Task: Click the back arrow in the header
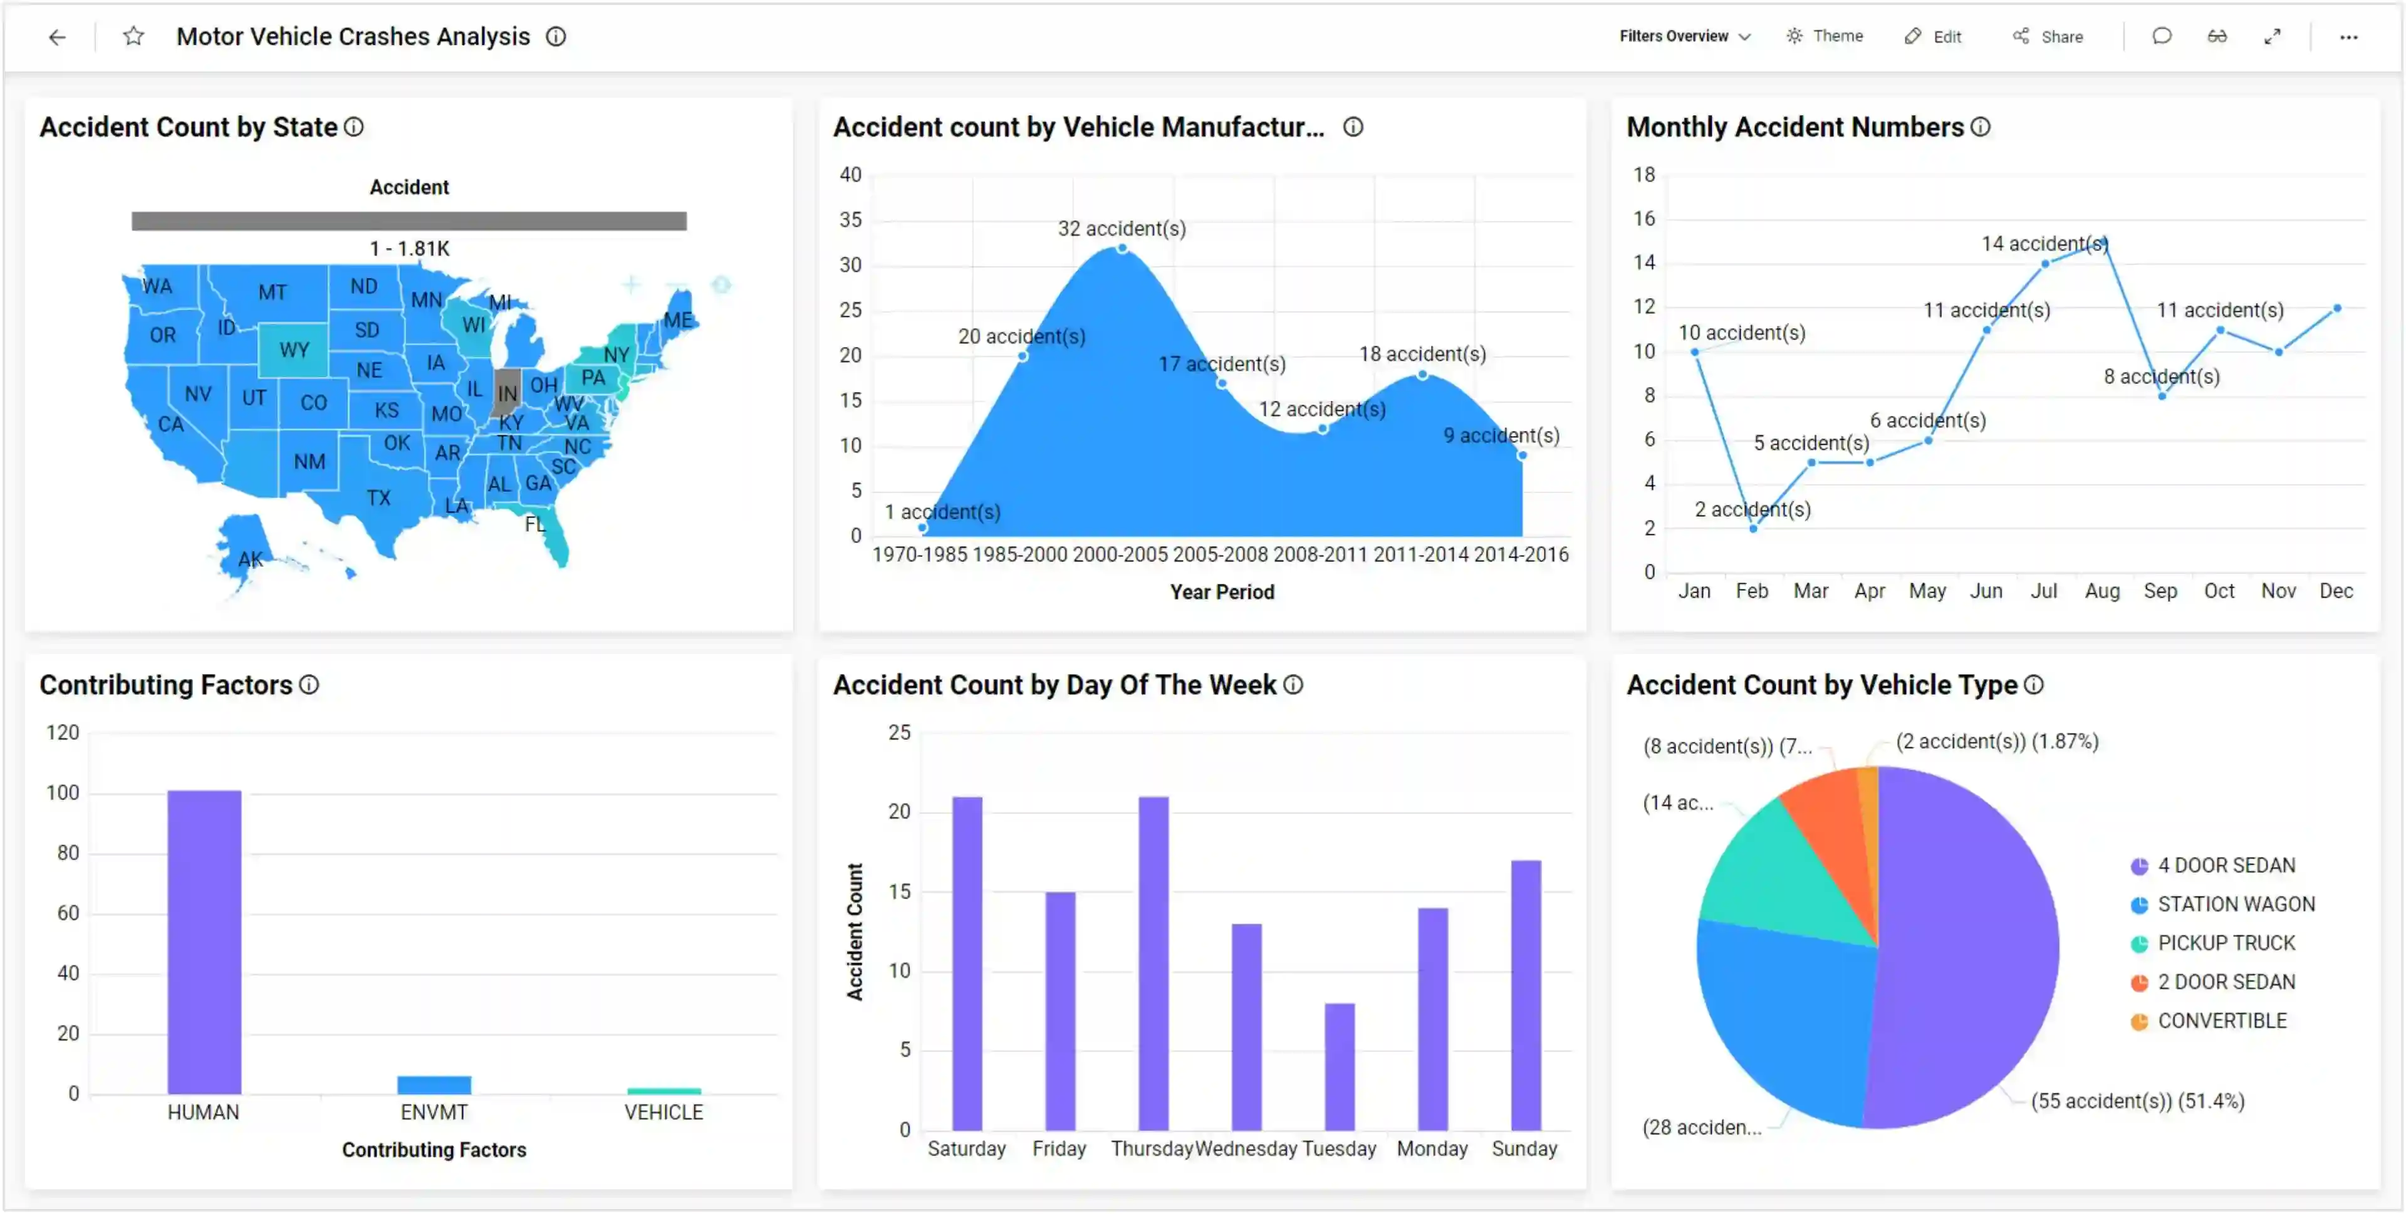coord(57,38)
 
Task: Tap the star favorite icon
coord(133,36)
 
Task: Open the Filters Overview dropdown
coord(1684,36)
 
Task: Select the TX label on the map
coord(378,498)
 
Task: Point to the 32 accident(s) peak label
coord(1121,229)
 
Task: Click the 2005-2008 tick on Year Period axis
coord(1220,555)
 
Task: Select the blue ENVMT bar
coord(434,1085)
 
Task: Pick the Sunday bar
coord(1524,995)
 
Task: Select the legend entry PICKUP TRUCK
coord(2225,943)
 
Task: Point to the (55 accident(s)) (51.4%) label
coord(2137,1101)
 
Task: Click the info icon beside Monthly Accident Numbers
coord(1980,127)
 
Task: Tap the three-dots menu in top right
coord(2348,38)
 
